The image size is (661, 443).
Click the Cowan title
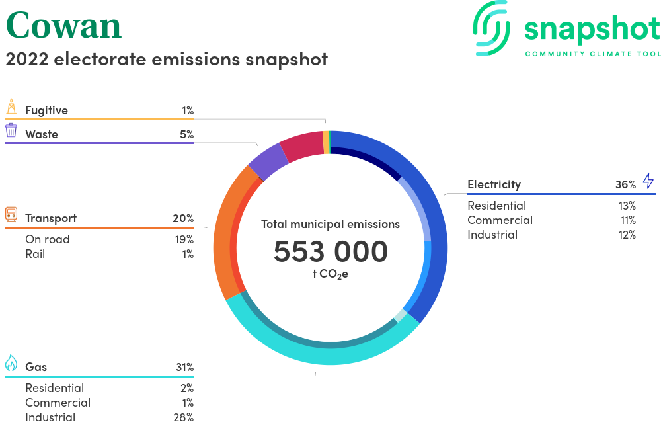[x=63, y=26]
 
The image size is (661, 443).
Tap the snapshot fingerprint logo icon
[x=491, y=28]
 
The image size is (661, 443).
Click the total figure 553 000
[x=330, y=251]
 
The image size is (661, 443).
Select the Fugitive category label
[x=46, y=110]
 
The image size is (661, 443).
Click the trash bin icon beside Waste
[x=11, y=130]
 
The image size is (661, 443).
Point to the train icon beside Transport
[x=11, y=214]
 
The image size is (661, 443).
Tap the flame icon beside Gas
[x=11, y=362]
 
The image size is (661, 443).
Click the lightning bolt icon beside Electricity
[x=648, y=181]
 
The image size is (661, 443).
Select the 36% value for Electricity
[x=625, y=184]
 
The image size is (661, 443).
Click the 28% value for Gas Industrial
[x=183, y=417]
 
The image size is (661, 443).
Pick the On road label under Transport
[x=48, y=239]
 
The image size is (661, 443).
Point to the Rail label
[x=35, y=254]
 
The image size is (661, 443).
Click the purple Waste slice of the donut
[x=268, y=161]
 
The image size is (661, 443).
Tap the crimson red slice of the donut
[x=302, y=145]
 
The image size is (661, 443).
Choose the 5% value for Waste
[x=187, y=134]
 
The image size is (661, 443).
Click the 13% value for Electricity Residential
[x=627, y=206]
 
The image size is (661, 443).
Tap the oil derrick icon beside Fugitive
[x=11, y=106]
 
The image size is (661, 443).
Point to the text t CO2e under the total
[x=330, y=274]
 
